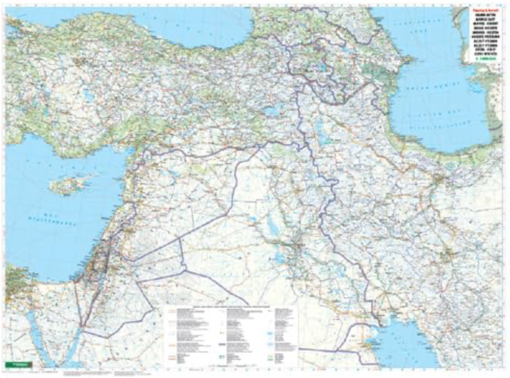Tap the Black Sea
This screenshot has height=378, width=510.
point(156,26)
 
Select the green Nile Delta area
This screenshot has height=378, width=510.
point(13,292)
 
